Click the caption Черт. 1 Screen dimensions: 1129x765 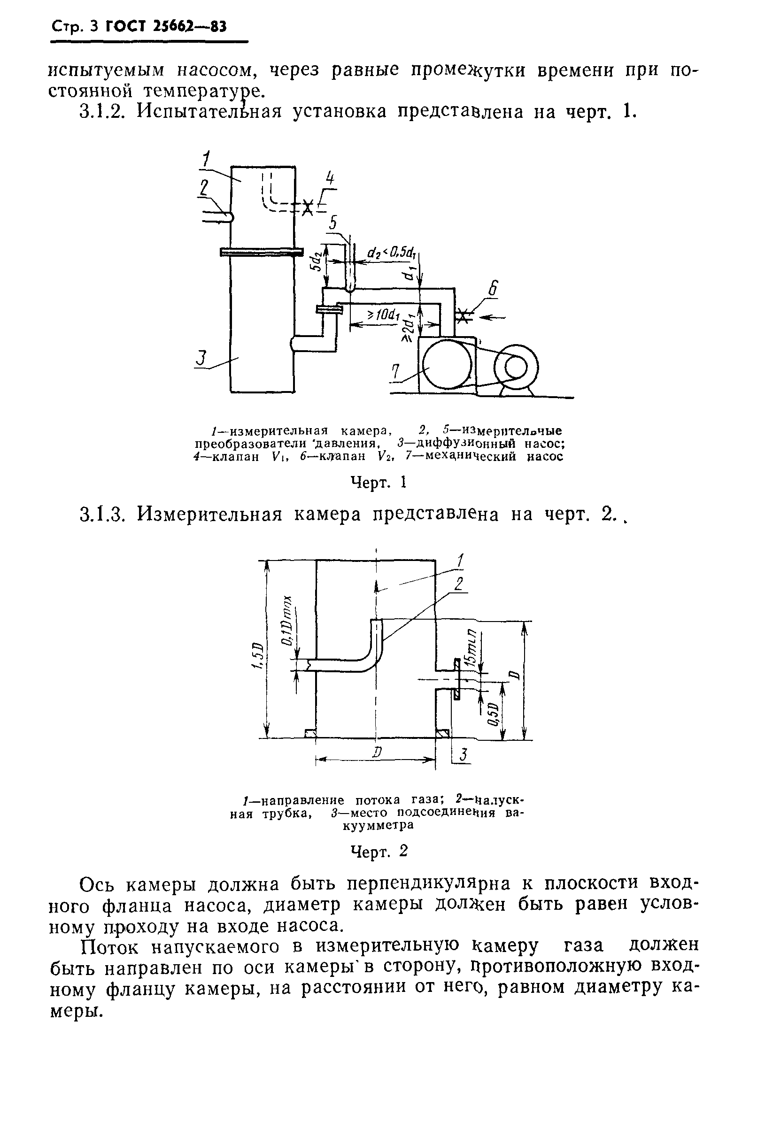click(378, 483)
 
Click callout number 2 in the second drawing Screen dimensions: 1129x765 click(458, 584)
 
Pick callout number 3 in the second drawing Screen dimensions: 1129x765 click(463, 754)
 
